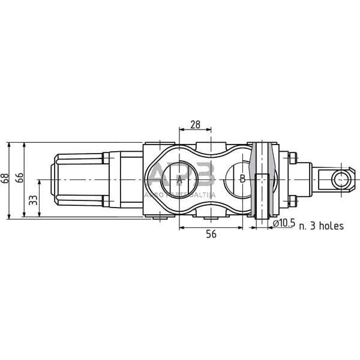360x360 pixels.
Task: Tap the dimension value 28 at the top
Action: (x=195, y=125)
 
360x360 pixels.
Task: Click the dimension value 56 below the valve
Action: (x=211, y=235)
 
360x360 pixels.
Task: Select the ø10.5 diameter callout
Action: (x=284, y=224)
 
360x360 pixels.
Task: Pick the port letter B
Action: (x=242, y=179)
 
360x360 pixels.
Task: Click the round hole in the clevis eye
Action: (x=341, y=179)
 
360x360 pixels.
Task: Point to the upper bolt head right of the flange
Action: (x=293, y=158)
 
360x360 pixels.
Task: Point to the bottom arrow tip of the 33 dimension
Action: (x=38, y=217)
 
